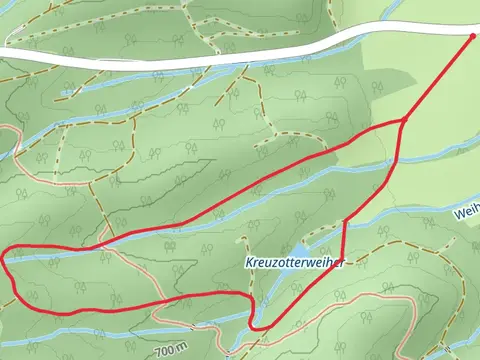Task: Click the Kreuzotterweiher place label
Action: coord(295,263)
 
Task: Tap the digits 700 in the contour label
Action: coord(164,351)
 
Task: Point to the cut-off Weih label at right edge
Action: coord(466,213)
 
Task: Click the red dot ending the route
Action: coord(473,35)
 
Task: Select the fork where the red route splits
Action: coord(402,121)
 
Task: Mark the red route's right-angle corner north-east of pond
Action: coord(345,221)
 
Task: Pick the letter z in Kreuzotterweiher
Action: coord(274,263)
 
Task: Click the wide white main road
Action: coord(200,56)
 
